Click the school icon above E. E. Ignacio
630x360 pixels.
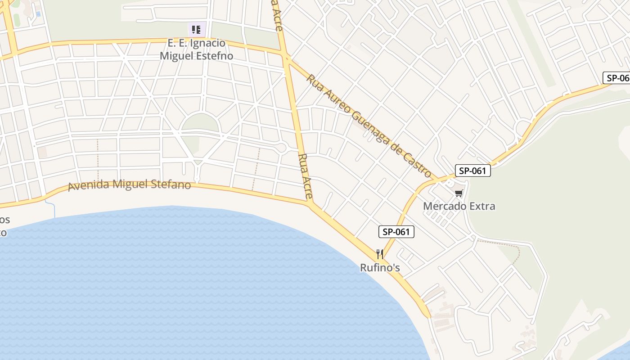pos(196,30)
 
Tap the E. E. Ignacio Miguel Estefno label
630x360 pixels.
pos(197,49)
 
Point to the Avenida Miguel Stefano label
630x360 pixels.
pos(129,184)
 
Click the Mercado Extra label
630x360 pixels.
pos(459,206)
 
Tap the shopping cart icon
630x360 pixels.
pos(459,193)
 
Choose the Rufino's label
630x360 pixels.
pos(380,268)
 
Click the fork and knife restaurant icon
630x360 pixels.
pos(380,254)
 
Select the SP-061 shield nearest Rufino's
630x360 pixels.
pos(396,232)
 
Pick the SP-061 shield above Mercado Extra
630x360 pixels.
pos(472,171)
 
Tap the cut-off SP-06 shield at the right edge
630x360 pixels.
pos(617,78)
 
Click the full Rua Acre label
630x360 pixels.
pos(306,176)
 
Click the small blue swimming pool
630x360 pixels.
pos(38,14)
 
